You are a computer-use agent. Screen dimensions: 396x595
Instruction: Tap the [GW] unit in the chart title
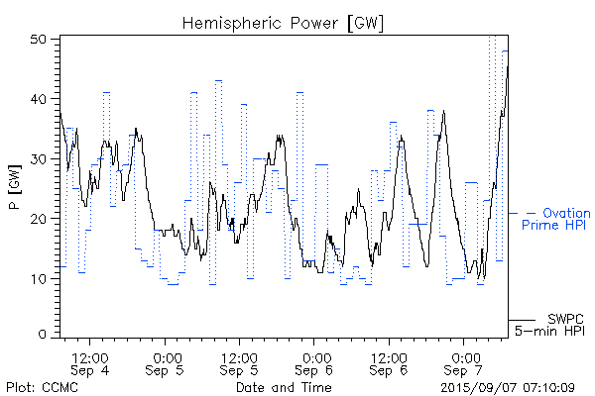pos(363,22)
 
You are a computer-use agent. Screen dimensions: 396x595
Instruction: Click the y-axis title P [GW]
pos(15,188)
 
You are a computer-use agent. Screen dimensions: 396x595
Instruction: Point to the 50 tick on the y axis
pos(40,39)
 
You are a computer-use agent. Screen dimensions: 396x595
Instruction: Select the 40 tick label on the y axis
pos(40,98)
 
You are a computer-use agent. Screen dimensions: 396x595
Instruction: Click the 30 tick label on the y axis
pos(40,157)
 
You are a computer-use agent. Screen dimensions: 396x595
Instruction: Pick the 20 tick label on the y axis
pos(40,217)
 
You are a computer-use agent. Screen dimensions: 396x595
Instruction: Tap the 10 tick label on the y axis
pos(40,276)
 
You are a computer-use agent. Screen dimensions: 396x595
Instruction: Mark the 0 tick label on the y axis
pos(44,335)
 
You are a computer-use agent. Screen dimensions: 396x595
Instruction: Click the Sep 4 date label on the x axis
pos(90,370)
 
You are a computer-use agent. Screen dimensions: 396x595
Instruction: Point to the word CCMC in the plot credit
pos(57,386)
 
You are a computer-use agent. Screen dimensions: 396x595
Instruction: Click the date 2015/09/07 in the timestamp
pos(479,386)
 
